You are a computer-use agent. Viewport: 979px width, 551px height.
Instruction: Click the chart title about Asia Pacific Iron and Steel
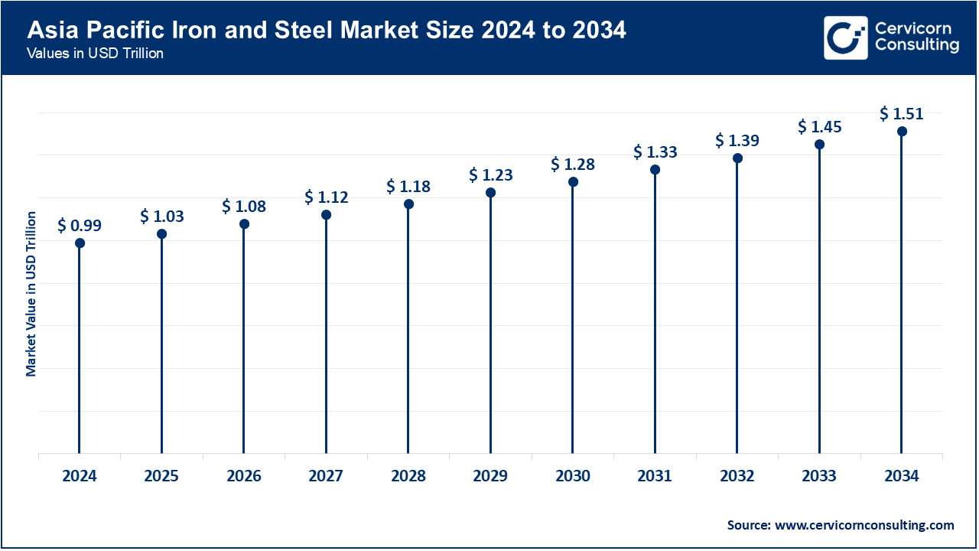[327, 31]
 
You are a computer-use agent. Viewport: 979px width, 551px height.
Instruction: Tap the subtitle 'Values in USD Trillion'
[95, 54]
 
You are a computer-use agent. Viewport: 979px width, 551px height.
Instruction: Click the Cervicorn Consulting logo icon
[845, 37]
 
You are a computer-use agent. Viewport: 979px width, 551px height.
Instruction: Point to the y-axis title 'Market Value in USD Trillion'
[31, 294]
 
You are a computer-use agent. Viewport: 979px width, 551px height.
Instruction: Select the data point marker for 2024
[80, 243]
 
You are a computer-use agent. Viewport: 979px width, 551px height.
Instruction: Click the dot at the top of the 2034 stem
[902, 132]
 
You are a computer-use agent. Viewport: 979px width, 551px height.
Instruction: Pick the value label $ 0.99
[80, 226]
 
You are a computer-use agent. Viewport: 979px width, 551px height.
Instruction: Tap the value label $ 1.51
[902, 114]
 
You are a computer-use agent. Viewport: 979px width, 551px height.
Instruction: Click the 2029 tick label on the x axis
[490, 476]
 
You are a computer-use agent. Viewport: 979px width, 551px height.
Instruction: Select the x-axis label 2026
[244, 476]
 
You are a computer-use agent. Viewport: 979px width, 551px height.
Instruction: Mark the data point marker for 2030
[573, 182]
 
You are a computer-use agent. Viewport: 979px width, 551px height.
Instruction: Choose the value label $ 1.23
[490, 175]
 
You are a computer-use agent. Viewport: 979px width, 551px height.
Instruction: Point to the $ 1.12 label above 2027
[326, 197]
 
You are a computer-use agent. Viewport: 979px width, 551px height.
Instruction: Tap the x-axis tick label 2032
[737, 476]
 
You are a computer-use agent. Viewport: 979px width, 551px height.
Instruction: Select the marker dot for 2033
[819, 145]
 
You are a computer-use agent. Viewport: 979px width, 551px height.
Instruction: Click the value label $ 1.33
[655, 152]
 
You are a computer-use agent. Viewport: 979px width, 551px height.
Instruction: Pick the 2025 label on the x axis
[161, 476]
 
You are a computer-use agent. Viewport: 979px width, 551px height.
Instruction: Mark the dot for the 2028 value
[408, 204]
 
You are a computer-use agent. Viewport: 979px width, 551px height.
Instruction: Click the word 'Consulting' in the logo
[916, 46]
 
